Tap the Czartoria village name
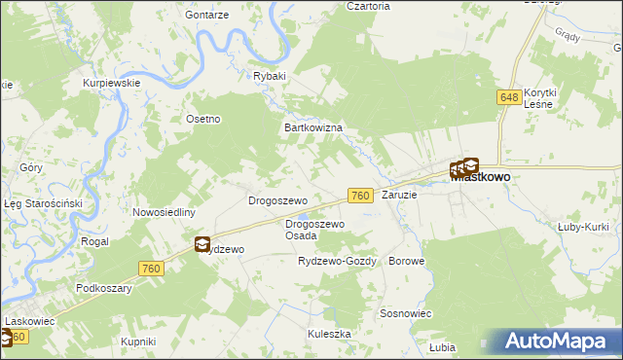pos(368,6)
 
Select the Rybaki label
pos(269,76)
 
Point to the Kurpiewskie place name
pos(113,83)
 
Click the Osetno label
pos(204,119)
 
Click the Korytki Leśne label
pos(539,97)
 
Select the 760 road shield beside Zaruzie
pos(360,196)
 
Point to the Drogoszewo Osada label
pos(314,230)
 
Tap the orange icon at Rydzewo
pos(202,245)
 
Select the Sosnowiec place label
pos(406,313)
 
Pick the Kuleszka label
pos(329,333)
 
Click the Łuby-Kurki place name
pos(582,229)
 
